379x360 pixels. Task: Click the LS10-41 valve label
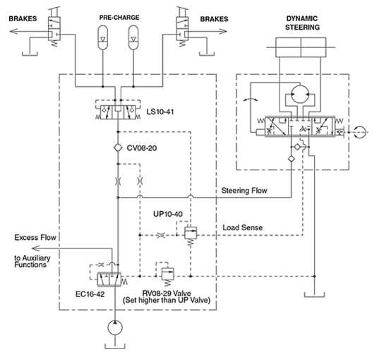coord(160,112)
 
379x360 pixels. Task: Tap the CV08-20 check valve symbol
coord(118,148)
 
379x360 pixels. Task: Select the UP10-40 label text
coord(168,214)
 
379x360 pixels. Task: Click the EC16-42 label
coord(90,294)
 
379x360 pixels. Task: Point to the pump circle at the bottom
coord(115,328)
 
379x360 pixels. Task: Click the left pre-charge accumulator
coord(103,37)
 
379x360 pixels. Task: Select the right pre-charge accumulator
coord(133,37)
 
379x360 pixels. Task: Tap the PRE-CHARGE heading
coord(119,18)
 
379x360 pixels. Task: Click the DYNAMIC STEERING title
coord(302,23)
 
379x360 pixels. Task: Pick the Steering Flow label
coord(244,191)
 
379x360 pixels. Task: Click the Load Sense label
coord(243,227)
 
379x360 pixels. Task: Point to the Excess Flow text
coord(35,237)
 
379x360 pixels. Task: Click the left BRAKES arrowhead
coord(13,31)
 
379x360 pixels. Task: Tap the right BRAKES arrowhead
coord(223,31)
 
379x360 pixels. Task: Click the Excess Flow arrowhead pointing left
coord(36,248)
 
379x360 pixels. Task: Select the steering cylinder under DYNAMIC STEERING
coord(301,47)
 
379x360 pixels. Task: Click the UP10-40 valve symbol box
coord(191,233)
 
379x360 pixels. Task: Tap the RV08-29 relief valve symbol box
coord(168,273)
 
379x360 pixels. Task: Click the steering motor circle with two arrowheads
coord(300,95)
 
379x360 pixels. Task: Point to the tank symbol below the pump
coord(115,346)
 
